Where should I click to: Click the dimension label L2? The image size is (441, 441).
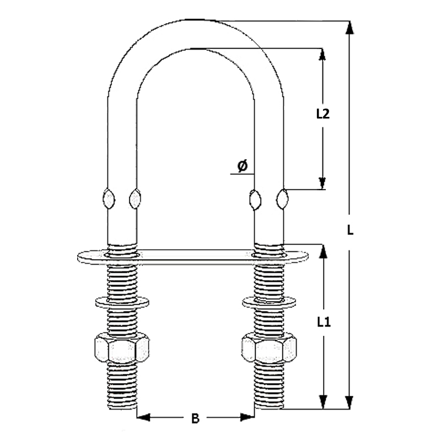click(x=322, y=114)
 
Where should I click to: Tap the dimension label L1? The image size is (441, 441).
click(x=324, y=322)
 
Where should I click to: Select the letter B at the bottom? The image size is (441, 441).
click(x=195, y=418)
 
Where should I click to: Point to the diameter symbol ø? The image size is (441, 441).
click(x=243, y=166)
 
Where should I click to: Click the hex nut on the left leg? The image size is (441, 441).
click(x=122, y=348)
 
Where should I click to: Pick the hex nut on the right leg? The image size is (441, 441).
click(x=269, y=348)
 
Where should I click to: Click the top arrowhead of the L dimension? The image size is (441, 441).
click(x=349, y=28)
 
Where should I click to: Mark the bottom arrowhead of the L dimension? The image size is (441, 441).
click(x=349, y=402)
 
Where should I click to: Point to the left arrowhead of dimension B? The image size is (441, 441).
click(x=143, y=417)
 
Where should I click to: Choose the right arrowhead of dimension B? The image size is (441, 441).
click(x=248, y=417)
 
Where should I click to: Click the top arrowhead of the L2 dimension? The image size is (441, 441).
click(x=322, y=54)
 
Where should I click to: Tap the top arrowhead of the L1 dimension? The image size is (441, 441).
click(x=324, y=251)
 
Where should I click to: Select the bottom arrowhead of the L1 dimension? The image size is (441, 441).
click(x=324, y=402)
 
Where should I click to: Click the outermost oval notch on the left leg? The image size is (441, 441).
click(x=109, y=198)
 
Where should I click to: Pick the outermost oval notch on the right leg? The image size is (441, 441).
click(x=282, y=198)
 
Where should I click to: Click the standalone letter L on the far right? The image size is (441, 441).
click(x=350, y=230)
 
